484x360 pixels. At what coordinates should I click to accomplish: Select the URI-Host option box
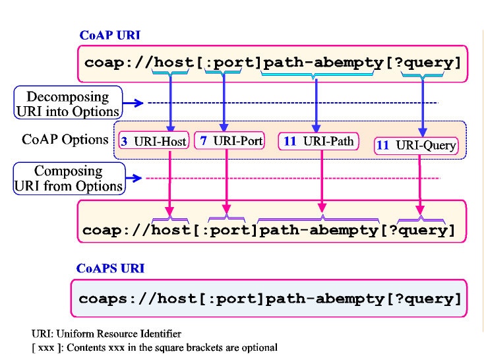(154, 140)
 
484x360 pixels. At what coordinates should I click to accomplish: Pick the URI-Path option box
(319, 140)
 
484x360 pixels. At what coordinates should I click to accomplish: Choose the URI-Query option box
(417, 145)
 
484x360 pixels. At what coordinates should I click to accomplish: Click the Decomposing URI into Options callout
(69, 103)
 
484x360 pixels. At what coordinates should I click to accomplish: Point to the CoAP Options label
(65, 140)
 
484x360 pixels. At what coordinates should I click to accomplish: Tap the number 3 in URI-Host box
(125, 141)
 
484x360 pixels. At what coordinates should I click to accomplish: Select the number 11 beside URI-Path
(289, 141)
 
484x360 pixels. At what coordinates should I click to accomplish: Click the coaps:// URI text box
(270, 299)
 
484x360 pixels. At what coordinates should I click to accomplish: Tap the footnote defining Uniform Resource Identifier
(107, 334)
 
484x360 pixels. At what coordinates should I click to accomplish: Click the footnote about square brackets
(155, 347)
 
